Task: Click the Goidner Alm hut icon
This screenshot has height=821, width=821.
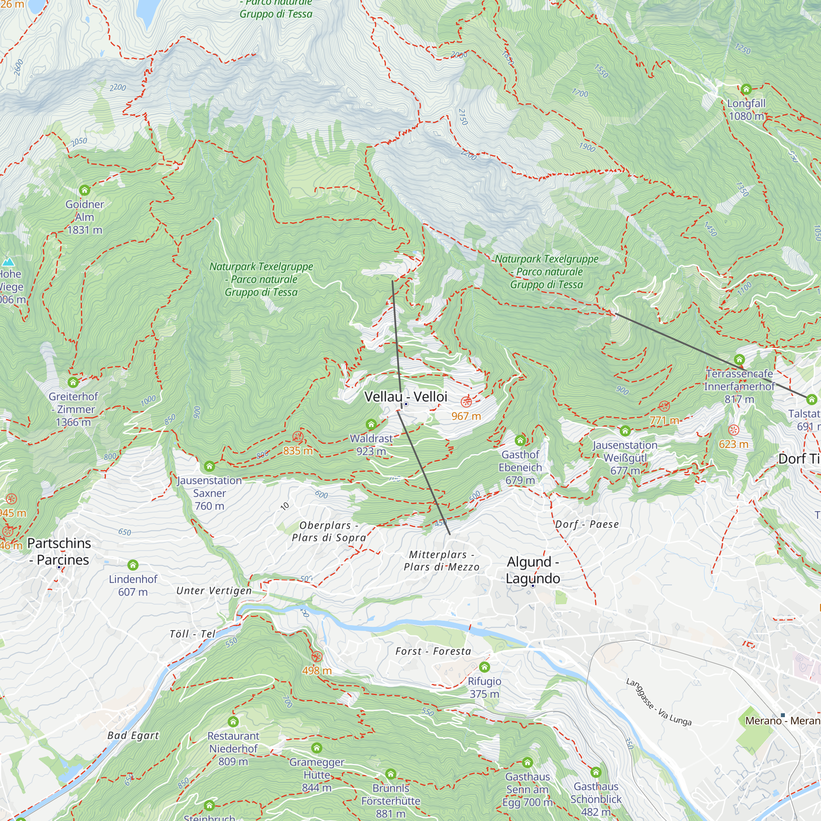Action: pyautogui.click(x=85, y=190)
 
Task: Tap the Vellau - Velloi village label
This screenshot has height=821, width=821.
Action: pyautogui.click(x=406, y=397)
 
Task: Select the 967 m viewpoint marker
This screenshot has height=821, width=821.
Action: pyautogui.click(x=466, y=401)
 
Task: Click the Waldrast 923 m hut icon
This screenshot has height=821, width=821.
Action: pyautogui.click(x=371, y=424)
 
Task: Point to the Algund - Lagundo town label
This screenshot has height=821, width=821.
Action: pyautogui.click(x=532, y=570)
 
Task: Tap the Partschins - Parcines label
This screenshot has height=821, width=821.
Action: pyautogui.click(x=59, y=552)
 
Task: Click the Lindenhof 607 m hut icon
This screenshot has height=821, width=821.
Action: pyautogui.click(x=133, y=565)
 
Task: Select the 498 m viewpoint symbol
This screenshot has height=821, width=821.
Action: pyautogui.click(x=316, y=657)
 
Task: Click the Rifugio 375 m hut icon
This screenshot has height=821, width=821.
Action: pyautogui.click(x=484, y=667)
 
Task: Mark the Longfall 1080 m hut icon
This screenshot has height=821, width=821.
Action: pyautogui.click(x=746, y=89)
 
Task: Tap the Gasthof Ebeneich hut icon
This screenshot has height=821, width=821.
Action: pyautogui.click(x=520, y=440)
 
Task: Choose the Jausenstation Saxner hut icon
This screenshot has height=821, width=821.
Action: pyautogui.click(x=209, y=467)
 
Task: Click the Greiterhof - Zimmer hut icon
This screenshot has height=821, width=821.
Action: pyautogui.click(x=73, y=383)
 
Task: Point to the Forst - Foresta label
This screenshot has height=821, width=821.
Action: pyautogui.click(x=433, y=651)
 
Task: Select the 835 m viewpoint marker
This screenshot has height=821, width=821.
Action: pyautogui.click(x=298, y=436)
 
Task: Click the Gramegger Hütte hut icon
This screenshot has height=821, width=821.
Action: pyautogui.click(x=316, y=748)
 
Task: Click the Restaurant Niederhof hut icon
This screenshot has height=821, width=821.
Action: pyautogui.click(x=233, y=722)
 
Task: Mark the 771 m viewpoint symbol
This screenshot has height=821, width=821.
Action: pyautogui.click(x=664, y=406)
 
